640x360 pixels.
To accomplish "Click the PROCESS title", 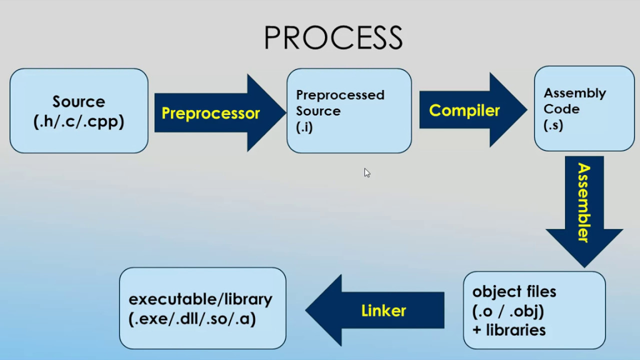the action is [333, 37].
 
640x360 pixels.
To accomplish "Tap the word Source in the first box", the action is [79, 101].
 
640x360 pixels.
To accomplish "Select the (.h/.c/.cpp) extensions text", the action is [79, 122].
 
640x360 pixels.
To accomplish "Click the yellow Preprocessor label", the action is [210, 113].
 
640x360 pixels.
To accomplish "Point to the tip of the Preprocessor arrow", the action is [286, 112].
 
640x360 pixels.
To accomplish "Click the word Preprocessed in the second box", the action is [340, 95].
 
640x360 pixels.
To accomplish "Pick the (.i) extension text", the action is [304, 127].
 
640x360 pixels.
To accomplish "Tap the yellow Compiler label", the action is [464, 110].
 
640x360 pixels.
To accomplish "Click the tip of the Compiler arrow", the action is [527, 109].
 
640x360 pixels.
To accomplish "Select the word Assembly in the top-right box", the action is [574, 93].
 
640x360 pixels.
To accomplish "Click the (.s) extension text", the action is [553, 125].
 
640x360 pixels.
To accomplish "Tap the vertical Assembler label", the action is [584, 202].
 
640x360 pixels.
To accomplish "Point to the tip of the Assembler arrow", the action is [584, 267].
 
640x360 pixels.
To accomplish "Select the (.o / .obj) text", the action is [508, 311].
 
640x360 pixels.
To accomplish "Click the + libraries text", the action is [509, 330].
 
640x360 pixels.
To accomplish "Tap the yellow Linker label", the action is [383, 310].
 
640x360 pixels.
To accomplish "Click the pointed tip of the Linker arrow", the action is [305, 310].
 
